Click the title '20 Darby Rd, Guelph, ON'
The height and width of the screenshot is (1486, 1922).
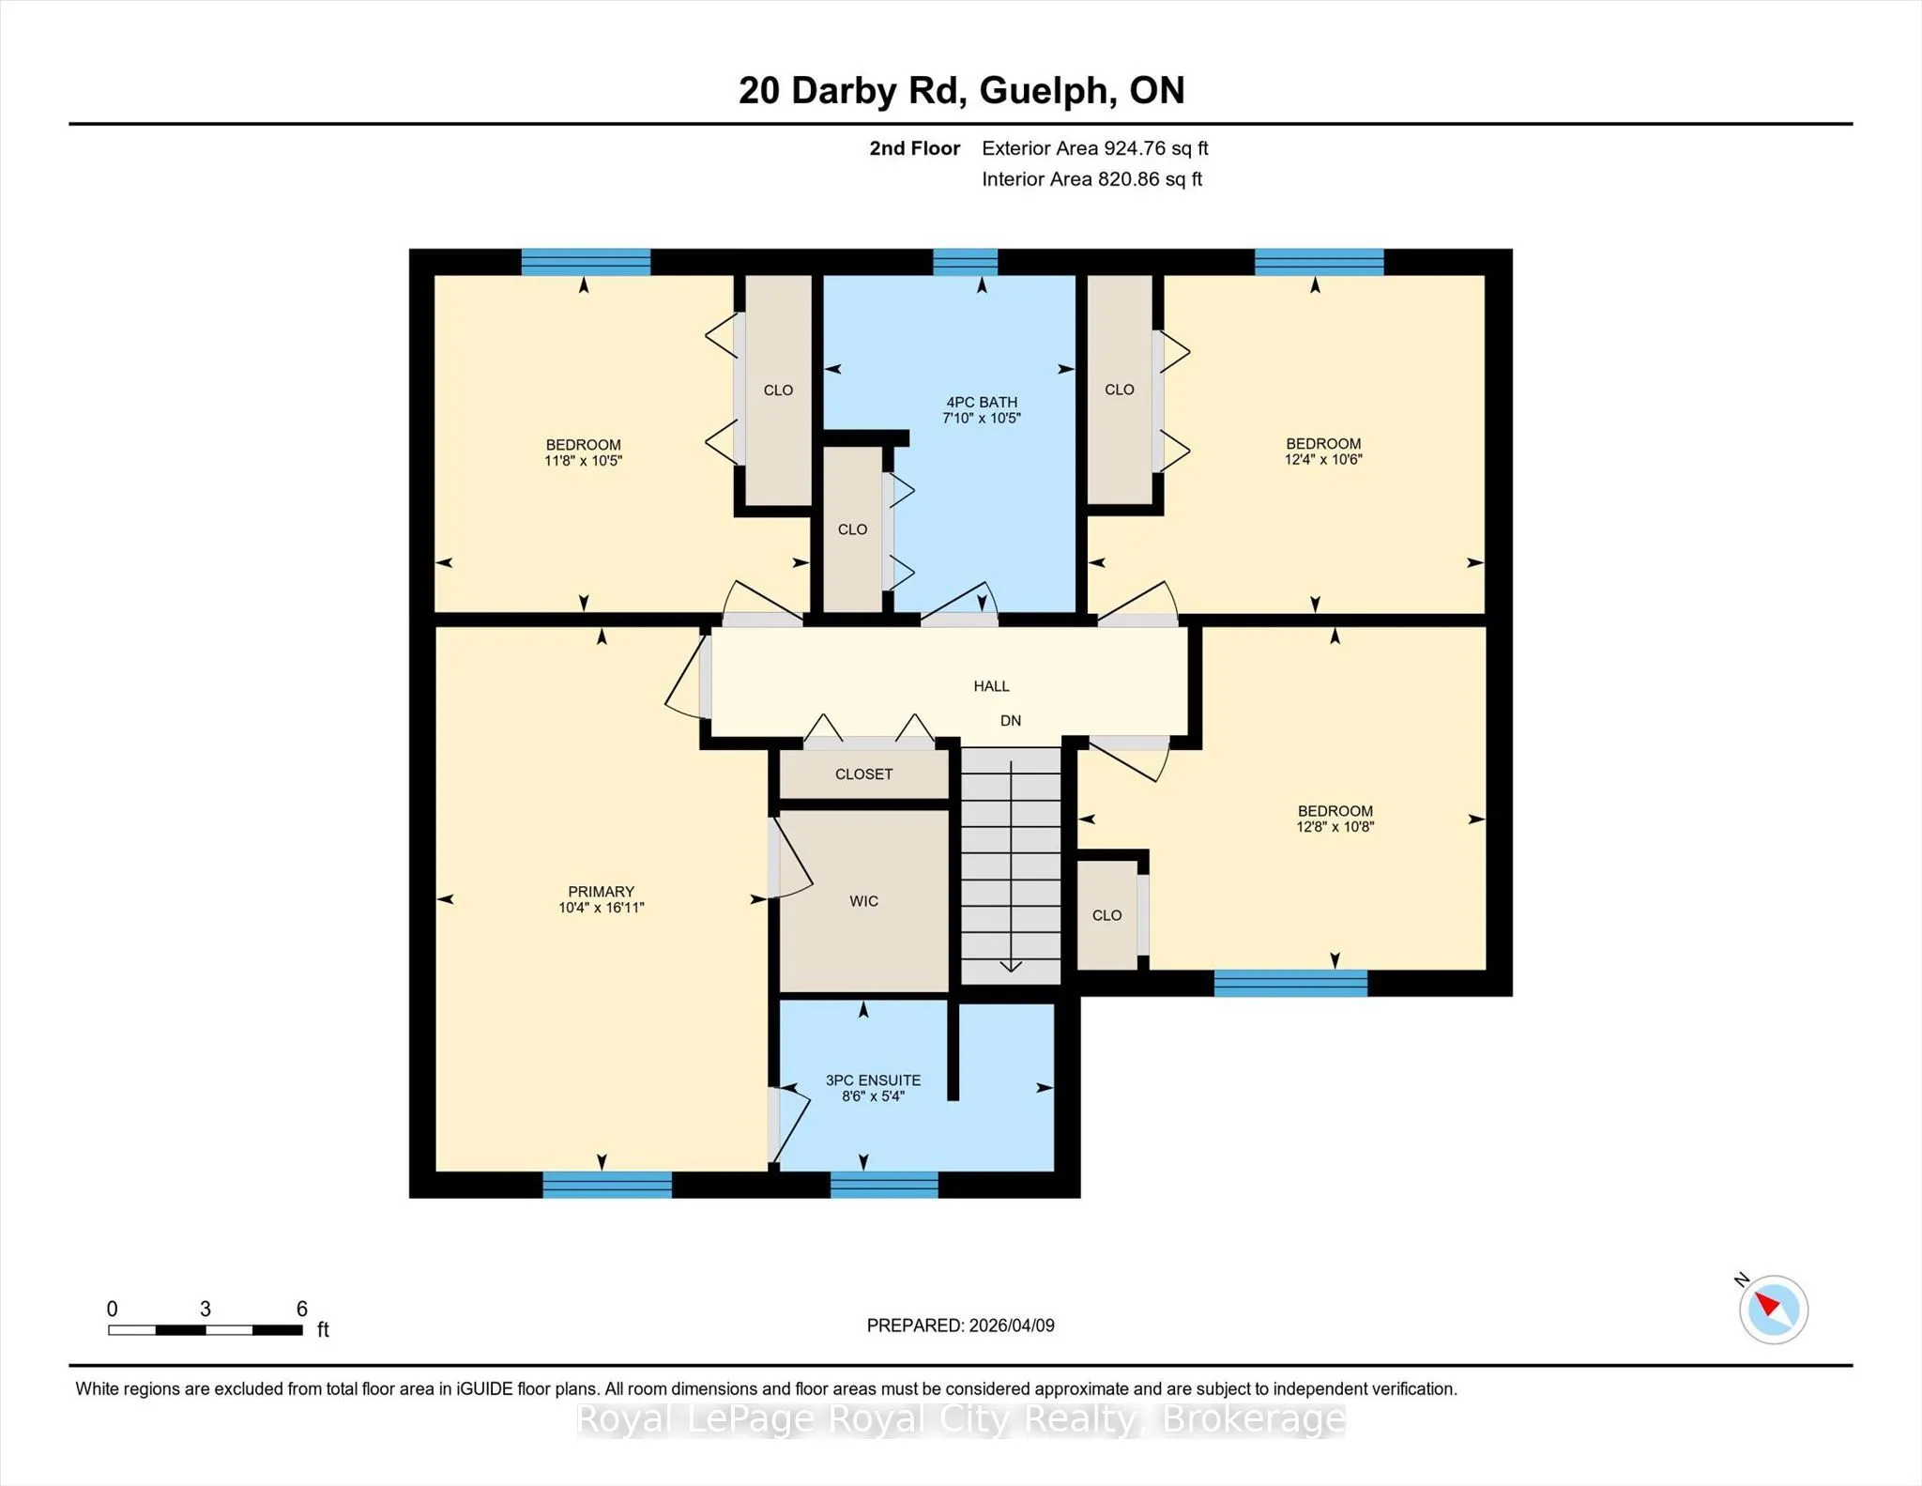pos(961,91)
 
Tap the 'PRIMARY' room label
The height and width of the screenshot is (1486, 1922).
pos(601,891)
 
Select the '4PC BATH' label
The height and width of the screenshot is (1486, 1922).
pos(982,402)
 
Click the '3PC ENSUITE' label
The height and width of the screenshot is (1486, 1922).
pos(873,1080)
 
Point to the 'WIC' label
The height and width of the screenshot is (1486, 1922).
pos(863,901)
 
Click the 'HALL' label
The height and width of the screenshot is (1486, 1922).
pos(991,686)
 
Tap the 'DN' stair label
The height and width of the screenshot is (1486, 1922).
pos(1011,721)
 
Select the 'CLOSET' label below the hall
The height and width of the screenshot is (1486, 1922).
pos(863,774)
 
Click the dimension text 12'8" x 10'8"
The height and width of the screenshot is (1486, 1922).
pos(1335,827)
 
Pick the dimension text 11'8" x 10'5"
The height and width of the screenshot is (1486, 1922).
pos(583,461)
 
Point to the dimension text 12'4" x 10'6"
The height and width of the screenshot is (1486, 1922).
pos(1323,460)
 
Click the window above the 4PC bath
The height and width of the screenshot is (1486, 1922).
pos(965,262)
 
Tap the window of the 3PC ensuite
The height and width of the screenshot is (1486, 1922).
pos(884,1185)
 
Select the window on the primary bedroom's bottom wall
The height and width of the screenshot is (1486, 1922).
pos(607,1185)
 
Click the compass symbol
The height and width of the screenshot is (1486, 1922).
pos(1773,1309)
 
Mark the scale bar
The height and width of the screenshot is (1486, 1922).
pos(205,1330)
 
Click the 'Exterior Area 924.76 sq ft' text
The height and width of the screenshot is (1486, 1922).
pos(1094,148)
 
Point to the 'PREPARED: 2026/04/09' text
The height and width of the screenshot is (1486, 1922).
pos(960,1325)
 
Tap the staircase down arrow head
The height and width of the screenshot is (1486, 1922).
pos(1011,966)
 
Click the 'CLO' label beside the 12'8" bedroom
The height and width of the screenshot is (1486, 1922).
pos(1106,915)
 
